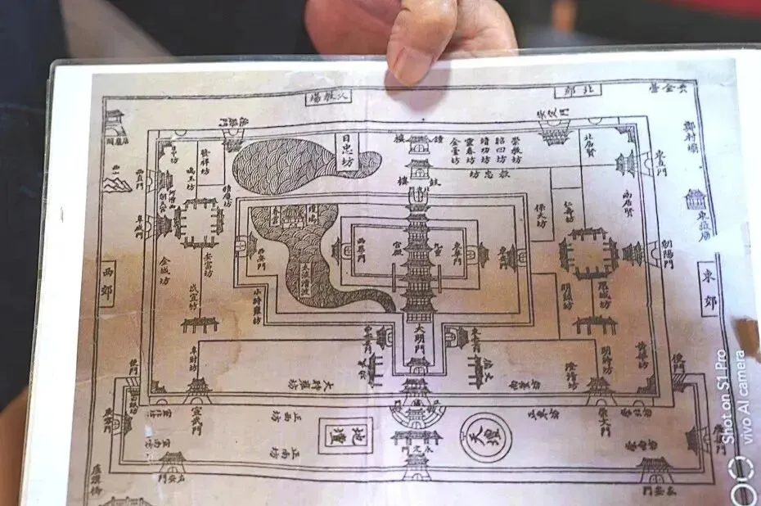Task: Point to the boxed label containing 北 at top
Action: [x=575, y=90]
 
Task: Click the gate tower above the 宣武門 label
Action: [x=197, y=387]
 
